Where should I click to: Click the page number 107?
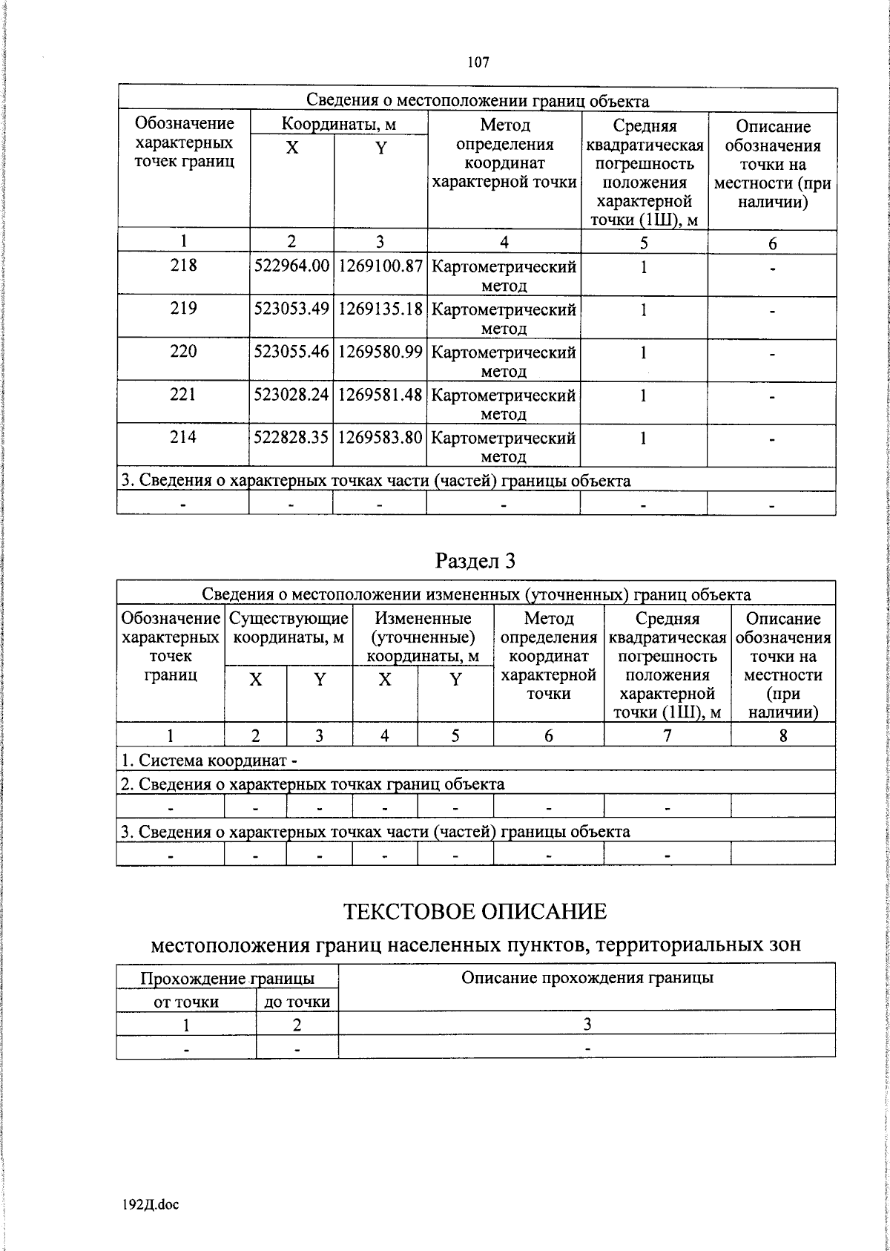(x=478, y=62)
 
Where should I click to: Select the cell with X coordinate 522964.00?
(x=291, y=266)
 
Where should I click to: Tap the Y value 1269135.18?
(x=380, y=309)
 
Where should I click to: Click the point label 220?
(x=183, y=352)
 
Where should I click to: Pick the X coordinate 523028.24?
(x=291, y=395)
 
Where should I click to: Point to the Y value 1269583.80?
(x=380, y=438)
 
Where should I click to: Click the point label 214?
(x=183, y=438)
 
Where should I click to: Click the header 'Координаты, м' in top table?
(x=338, y=124)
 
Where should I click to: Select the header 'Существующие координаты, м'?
(x=289, y=628)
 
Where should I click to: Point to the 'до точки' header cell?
(x=297, y=1002)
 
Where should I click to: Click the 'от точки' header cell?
(x=186, y=1002)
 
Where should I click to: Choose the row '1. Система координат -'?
(x=210, y=760)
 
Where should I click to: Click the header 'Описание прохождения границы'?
(x=587, y=978)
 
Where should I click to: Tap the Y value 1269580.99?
(x=380, y=352)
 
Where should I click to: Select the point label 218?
(x=183, y=266)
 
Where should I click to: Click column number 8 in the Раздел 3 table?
(x=782, y=735)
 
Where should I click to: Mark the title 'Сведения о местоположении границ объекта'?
(x=478, y=101)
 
